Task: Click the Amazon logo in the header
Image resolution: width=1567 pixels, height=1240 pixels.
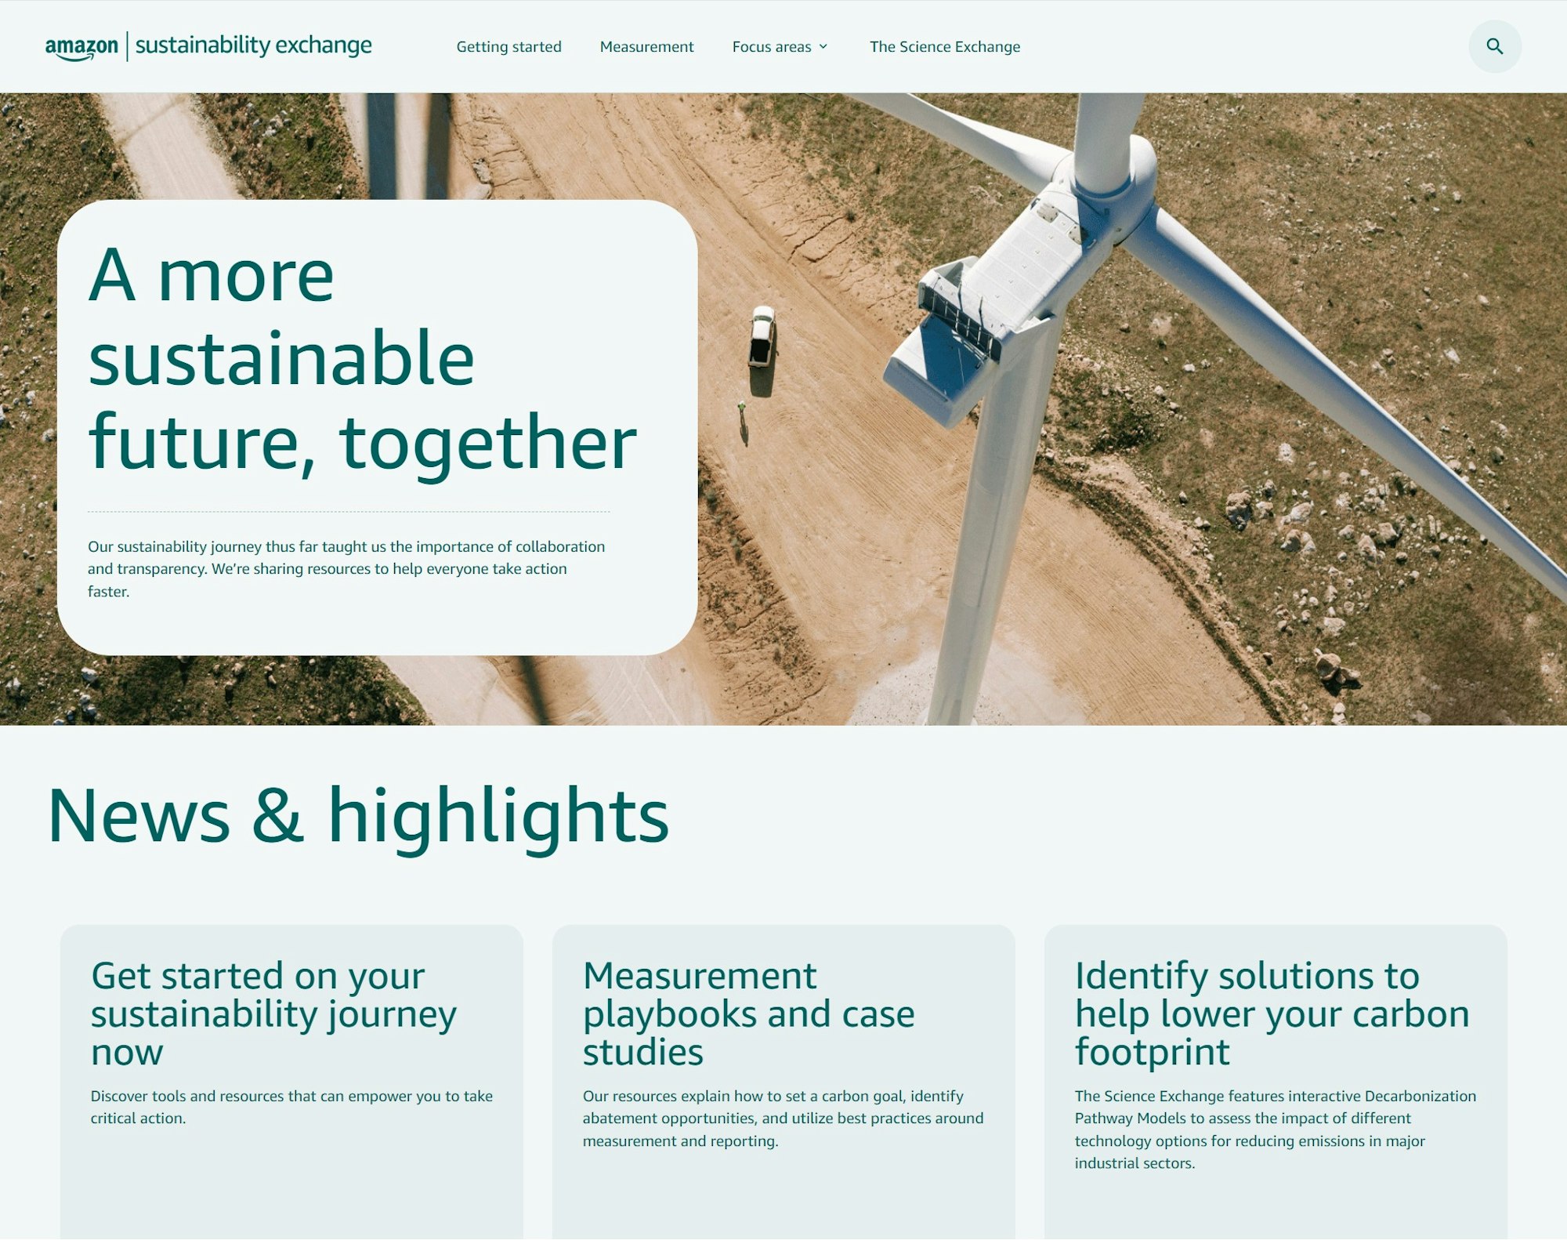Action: tap(81, 47)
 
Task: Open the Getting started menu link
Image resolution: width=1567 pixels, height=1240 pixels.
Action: tap(508, 47)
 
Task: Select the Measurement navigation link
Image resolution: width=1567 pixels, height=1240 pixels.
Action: tap(646, 47)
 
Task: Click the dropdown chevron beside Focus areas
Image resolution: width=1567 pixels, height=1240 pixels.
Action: tap(823, 47)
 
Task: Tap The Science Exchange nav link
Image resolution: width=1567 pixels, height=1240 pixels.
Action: tap(944, 47)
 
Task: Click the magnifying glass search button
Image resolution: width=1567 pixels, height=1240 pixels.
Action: tap(1494, 47)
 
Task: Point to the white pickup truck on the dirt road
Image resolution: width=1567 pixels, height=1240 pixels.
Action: tap(762, 337)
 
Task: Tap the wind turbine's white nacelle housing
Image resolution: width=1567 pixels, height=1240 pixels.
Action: tap(1003, 298)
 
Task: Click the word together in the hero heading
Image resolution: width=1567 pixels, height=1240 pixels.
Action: tap(487, 444)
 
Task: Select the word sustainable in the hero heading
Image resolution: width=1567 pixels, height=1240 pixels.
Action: tap(281, 359)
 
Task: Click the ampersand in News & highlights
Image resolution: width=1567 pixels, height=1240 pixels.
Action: tap(277, 817)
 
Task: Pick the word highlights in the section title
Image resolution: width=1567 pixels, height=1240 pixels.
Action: tap(498, 817)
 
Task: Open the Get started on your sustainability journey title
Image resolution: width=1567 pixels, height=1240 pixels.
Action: tap(273, 1013)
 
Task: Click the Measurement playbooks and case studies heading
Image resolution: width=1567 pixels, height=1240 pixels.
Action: tap(748, 1013)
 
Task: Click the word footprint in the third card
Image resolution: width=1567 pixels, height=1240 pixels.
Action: tap(1152, 1052)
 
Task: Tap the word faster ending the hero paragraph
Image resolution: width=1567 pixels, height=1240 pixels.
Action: tap(108, 592)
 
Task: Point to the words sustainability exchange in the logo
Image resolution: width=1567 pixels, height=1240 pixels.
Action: tap(253, 45)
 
